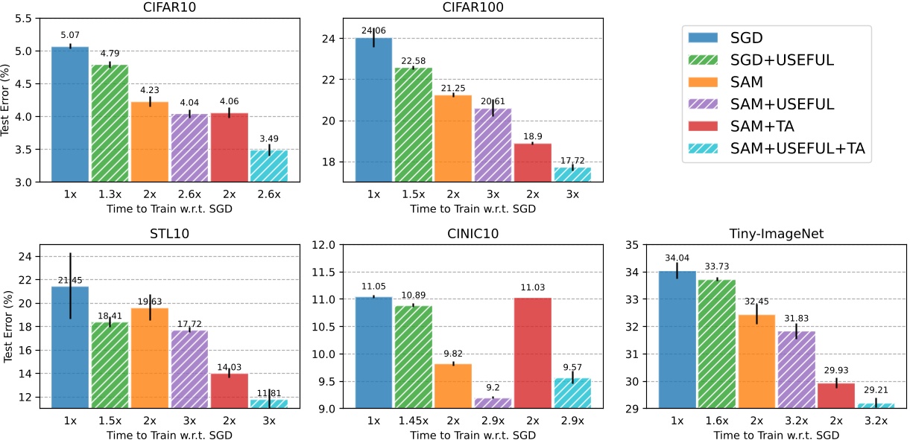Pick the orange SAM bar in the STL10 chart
pos(151,357)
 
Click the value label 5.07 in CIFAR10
pos(70,34)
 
